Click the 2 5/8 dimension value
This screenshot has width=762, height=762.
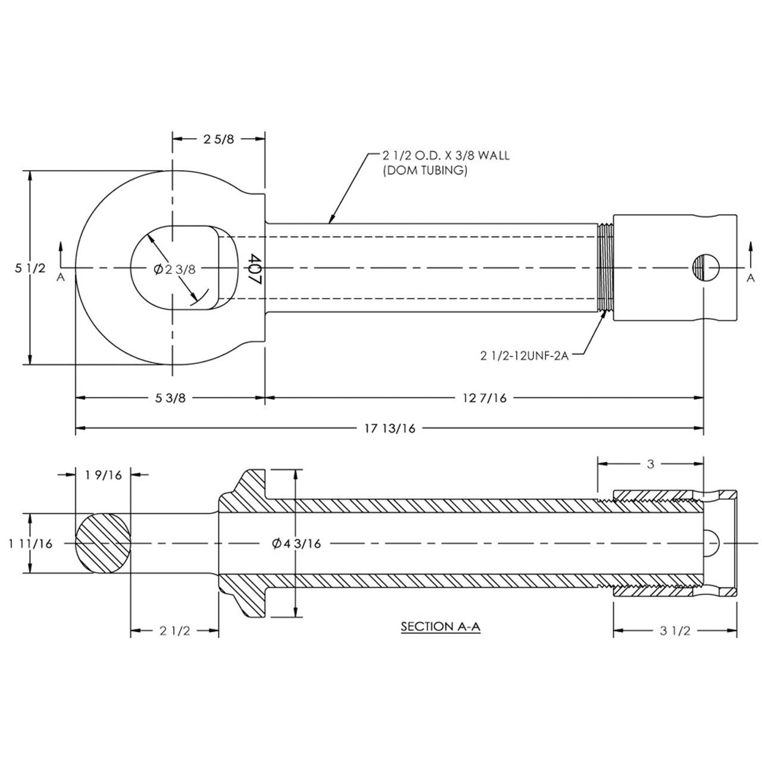point(218,139)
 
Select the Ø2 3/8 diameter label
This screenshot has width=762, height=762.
point(174,269)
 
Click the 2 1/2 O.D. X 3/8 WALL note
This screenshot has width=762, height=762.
point(445,156)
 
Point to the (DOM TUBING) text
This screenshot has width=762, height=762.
point(424,170)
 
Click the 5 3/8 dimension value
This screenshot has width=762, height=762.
point(171,398)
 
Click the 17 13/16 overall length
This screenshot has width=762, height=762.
point(391,429)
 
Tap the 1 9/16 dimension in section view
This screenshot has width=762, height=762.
point(103,474)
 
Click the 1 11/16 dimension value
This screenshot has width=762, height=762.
point(31,544)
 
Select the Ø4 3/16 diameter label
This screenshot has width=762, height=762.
point(296,544)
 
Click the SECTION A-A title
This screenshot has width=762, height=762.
point(440,627)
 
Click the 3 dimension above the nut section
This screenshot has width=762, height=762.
point(650,464)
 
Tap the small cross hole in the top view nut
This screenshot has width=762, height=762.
point(705,268)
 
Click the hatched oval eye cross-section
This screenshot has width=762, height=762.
point(102,544)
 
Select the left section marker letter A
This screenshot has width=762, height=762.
point(60,277)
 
